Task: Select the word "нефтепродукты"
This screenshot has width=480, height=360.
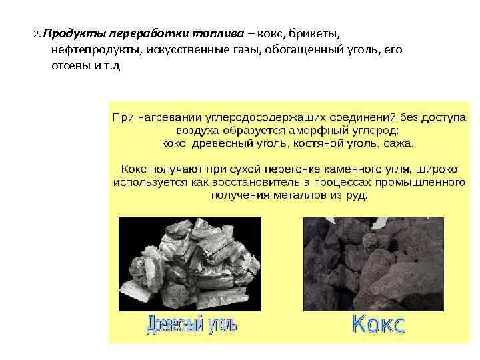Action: click(x=91, y=50)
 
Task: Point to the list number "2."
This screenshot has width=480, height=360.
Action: click(x=37, y=33)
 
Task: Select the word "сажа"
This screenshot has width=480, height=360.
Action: click(x=398, y=143)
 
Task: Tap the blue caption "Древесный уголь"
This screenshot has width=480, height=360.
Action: click(x=191, y=325)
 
